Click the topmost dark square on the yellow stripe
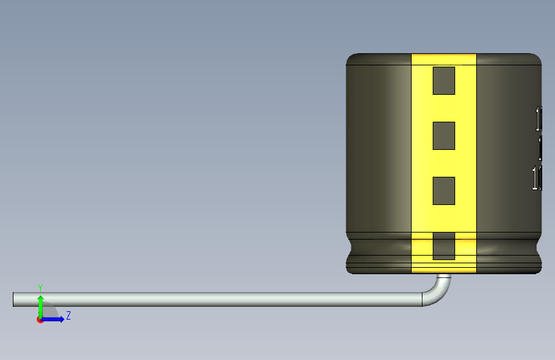coord(444,81)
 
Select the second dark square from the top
coord(444,136)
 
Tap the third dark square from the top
coord(444,191)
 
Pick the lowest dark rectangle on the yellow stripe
coord(444,246)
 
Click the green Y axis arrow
coord(40,304)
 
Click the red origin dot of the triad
coord(40,320)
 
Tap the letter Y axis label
coord(40,287)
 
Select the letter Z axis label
coord(68,316)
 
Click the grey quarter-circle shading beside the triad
coord(51,312)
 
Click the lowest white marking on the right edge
coord(537,177)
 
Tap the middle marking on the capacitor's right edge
coord(540,149)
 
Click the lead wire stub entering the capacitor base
coord(444,277)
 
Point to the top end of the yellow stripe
coord(444,57)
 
